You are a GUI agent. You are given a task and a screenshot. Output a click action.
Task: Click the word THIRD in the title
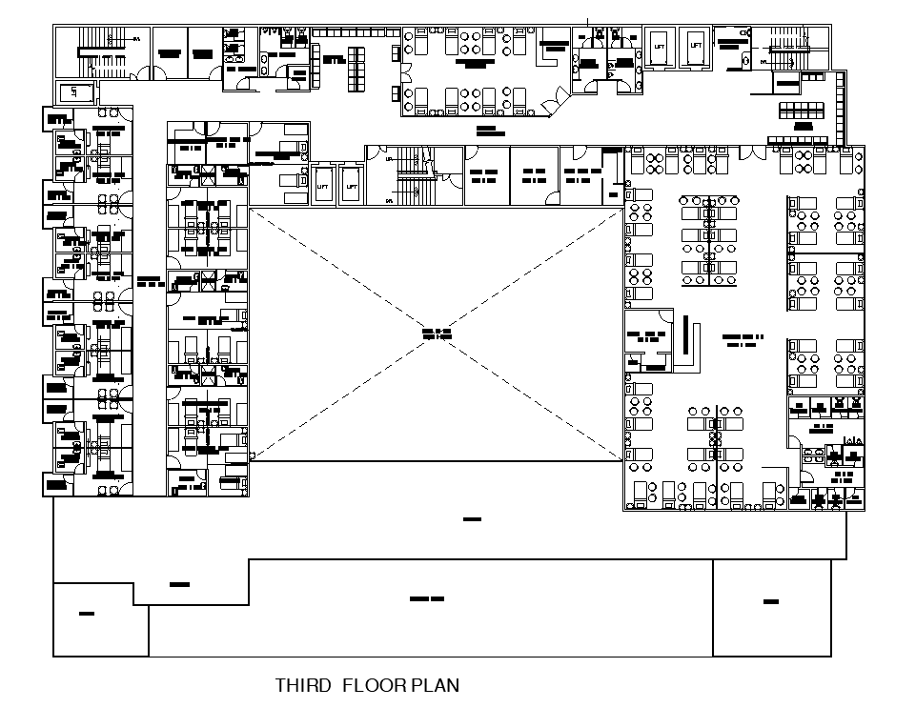[303, 685]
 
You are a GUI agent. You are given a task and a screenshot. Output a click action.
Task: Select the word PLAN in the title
[436, 685]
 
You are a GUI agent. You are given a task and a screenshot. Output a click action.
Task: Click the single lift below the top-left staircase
[74, 92]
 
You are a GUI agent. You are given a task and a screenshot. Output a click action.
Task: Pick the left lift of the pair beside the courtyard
[322, 187]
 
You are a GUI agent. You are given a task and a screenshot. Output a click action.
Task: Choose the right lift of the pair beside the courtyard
[350, 187]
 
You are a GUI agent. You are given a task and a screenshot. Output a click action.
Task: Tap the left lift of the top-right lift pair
[659, 46]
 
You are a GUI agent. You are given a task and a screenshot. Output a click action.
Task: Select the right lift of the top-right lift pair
[696, 46]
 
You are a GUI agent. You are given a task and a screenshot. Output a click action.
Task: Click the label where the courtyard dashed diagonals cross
[436, 334]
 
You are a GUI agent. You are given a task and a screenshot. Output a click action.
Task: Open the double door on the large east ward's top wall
[752, 152]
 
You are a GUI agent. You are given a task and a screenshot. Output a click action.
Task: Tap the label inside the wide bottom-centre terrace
[427, 598]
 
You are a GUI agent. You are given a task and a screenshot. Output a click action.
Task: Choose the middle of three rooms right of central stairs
[533, 175]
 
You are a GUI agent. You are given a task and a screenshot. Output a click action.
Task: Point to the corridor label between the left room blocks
[149, 281]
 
